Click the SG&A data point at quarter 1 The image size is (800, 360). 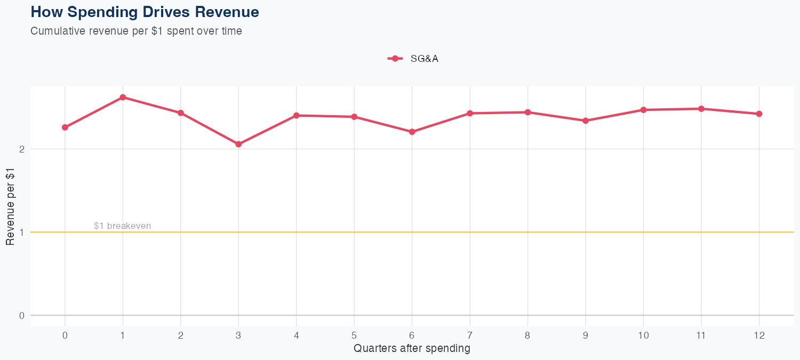(123, 97)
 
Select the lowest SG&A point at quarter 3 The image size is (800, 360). (238, 144)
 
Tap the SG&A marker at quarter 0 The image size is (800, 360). (65, 127)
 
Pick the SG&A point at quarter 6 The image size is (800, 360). (412, 132)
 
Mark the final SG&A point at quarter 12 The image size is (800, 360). (759, 114)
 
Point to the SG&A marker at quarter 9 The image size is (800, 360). (586, 121)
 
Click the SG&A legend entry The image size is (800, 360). (413, 59)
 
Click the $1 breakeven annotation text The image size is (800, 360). (122, 226)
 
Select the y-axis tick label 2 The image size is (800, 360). (22, 149)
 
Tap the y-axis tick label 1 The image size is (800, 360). (22, 232)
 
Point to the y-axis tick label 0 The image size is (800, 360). (22, 315)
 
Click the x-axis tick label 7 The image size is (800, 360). (470, 335)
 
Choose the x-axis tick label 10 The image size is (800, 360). (643, 335)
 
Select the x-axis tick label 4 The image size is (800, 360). (296, 335)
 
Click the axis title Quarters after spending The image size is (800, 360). (412, 349)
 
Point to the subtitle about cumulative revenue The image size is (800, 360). (136, 31)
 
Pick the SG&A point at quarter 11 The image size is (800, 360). (701, 109)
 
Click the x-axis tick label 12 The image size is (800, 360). (759, 335)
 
